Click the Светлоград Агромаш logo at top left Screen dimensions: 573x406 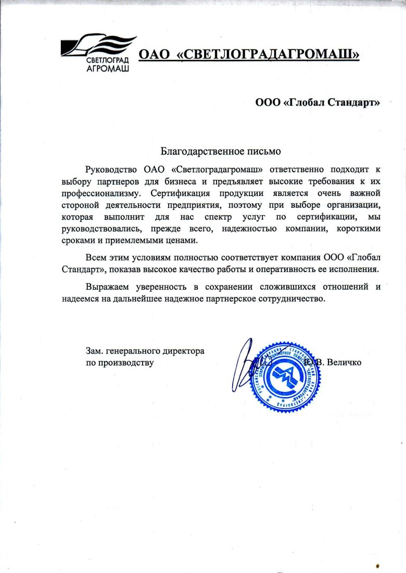point(98,53)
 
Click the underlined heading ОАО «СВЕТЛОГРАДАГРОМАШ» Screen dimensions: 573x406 point(248,55)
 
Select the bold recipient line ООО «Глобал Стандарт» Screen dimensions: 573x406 point(318,103)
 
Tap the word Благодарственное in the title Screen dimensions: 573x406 point(200,152)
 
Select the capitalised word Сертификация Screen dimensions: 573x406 point(175,193)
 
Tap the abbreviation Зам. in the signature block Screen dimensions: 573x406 point(95,351)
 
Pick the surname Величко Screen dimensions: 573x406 point(344,362)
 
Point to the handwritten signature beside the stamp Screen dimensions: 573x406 point(246,364)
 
